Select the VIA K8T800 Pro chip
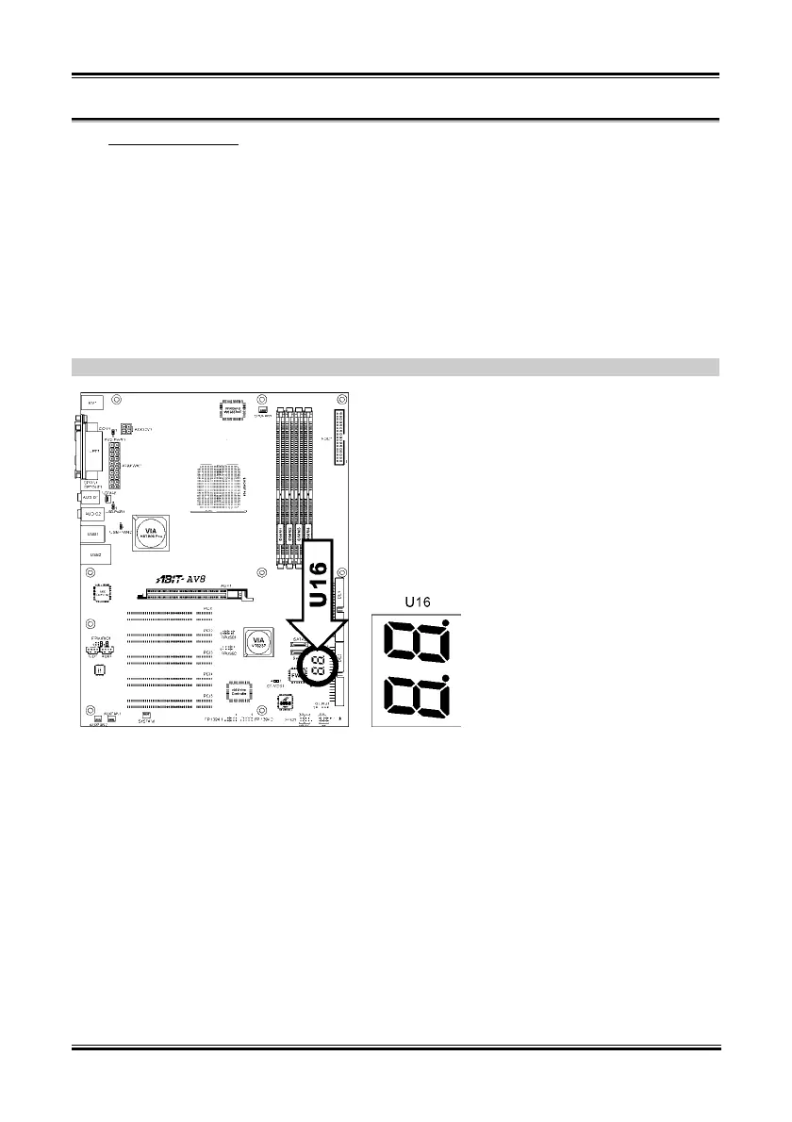[x=151, y=534]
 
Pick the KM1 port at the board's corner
[x=93, y=404]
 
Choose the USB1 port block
[x=93, y=535]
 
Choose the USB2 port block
[x=93, y=555]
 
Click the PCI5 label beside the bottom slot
[x=206, y=695]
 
